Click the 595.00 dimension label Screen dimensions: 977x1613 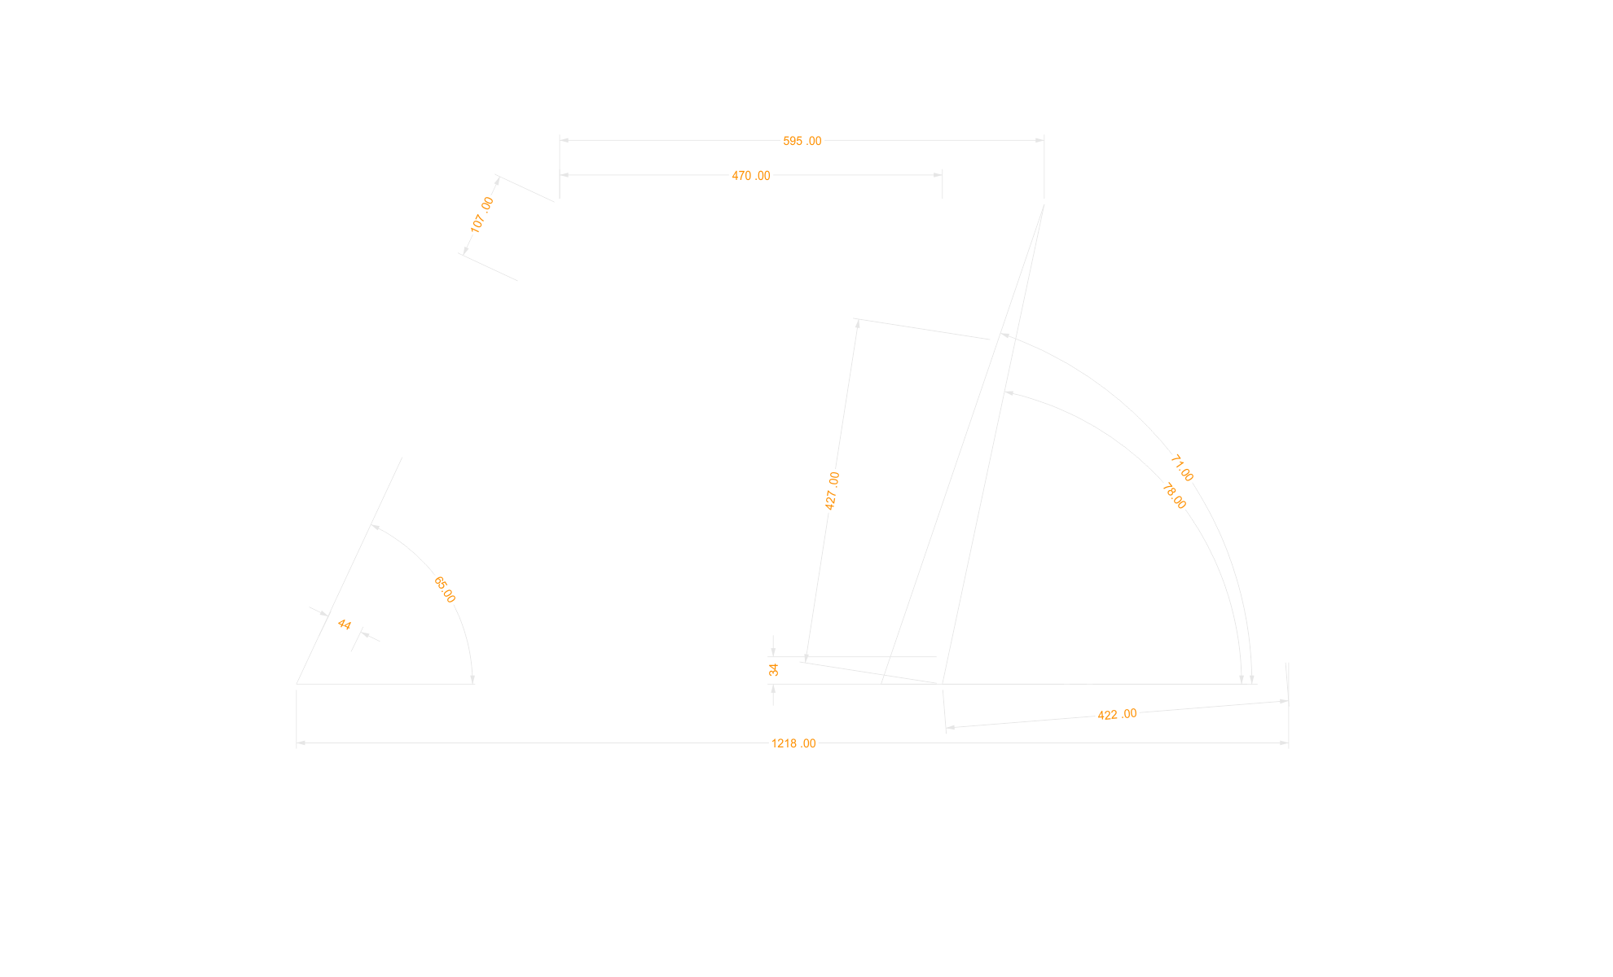pyautogui.click(x=802, y=141)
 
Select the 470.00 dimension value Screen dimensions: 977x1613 pyautogui.click(x=750, y=176)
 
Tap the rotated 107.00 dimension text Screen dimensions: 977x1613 pyautogui.click(x=481, y=214)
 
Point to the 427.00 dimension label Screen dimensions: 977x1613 pyautogui.click(x=832, y=490)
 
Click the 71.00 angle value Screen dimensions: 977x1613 pyautogui.click(x=1181, y=468)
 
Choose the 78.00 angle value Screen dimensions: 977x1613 pyautogui.click(x=1174, y=496)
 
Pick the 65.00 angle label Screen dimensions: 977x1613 pyautogui.click(x=444, y=589)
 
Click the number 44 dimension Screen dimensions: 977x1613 pyautogui.click(x=344, y=624)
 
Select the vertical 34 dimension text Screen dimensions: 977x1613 pyautogui.click(x=773, y=669)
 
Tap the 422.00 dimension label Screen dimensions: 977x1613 pyautogui.click(x=1117, y=715)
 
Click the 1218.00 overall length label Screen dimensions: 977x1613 pyautogui.click(x=793, y=743)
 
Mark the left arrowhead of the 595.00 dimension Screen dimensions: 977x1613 pyautogui.click(x=564, y=140)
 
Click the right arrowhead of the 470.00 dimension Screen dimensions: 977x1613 pyautogui.click(x=938, y=175)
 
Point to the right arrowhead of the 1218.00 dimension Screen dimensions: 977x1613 pyautogui.click(x=1284, y=743)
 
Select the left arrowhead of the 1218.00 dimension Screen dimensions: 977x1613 pyautogui.click(x=301, y=743)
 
